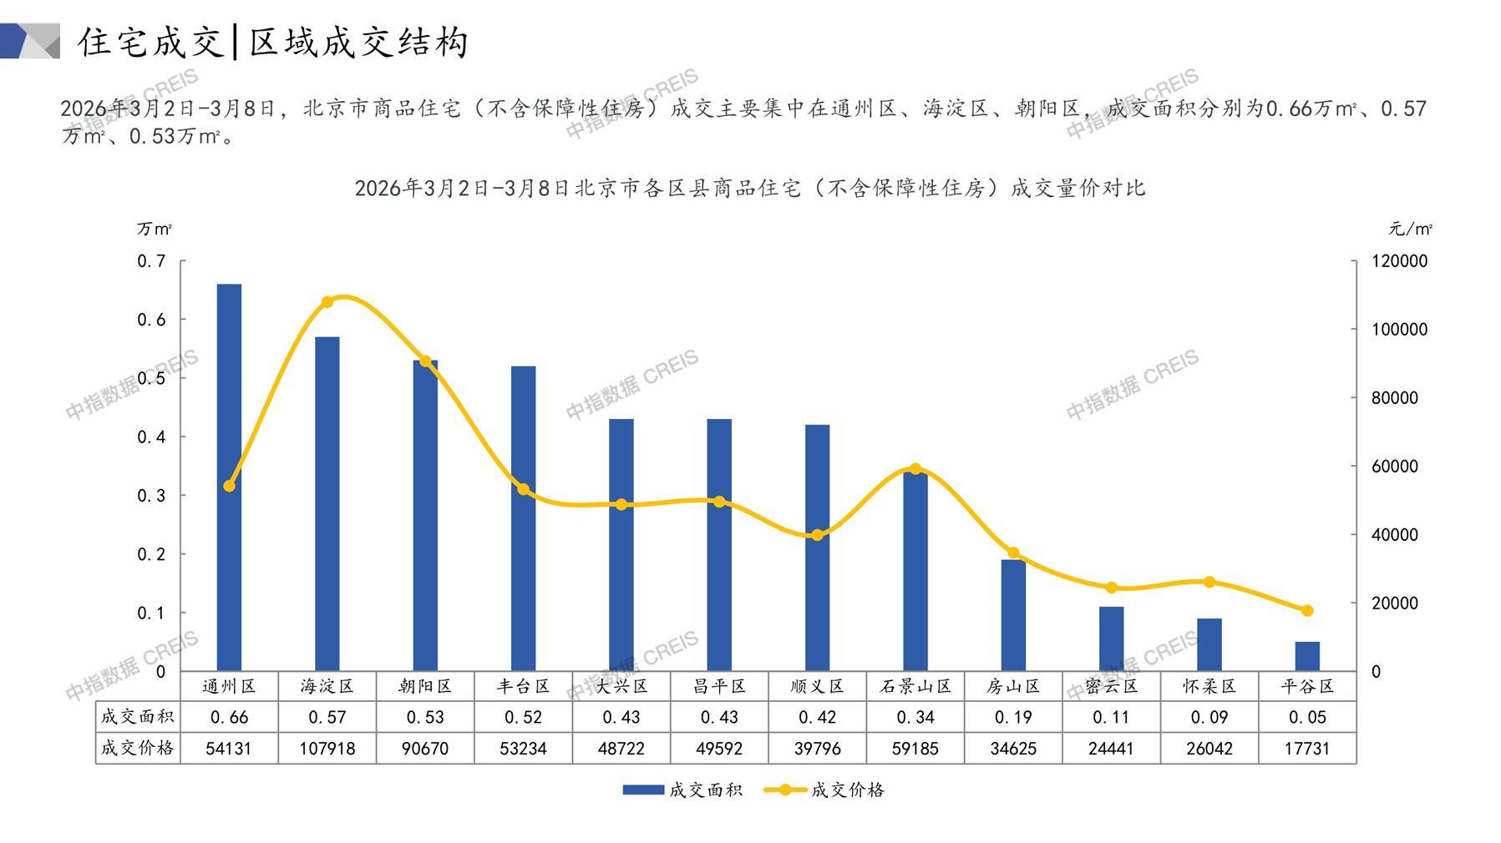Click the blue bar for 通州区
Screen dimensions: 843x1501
pos(229,477)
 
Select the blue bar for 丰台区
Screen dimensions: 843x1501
pos(523,517)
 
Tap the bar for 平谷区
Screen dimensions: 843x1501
pos(1307,656)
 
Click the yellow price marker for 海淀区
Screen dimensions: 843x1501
pos(327,302)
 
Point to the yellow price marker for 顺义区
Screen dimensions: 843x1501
pos(818,535)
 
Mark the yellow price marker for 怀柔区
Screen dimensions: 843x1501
pos(1209,582)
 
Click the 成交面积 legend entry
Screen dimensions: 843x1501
pos(682,790)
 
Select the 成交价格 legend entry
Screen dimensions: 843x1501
pos(824,790)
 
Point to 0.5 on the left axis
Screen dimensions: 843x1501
pos(151,378)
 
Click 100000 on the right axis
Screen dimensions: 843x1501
pos(1399,330)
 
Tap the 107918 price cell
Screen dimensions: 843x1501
pos(327,749)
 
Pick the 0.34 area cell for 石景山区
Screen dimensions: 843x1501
pos(915,717)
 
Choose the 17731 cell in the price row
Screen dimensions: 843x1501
pos(1307,749)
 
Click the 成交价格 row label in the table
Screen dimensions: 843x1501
pos(138,748)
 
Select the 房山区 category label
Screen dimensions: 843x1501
pos(1013,686)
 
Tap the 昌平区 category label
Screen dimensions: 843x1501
pos(719,686)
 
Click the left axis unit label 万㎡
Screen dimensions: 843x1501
pos(155,229)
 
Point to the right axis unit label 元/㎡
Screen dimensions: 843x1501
pos(1410,229)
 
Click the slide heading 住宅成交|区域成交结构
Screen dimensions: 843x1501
pos(273,42)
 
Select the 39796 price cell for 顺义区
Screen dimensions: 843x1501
pos(818,749)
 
